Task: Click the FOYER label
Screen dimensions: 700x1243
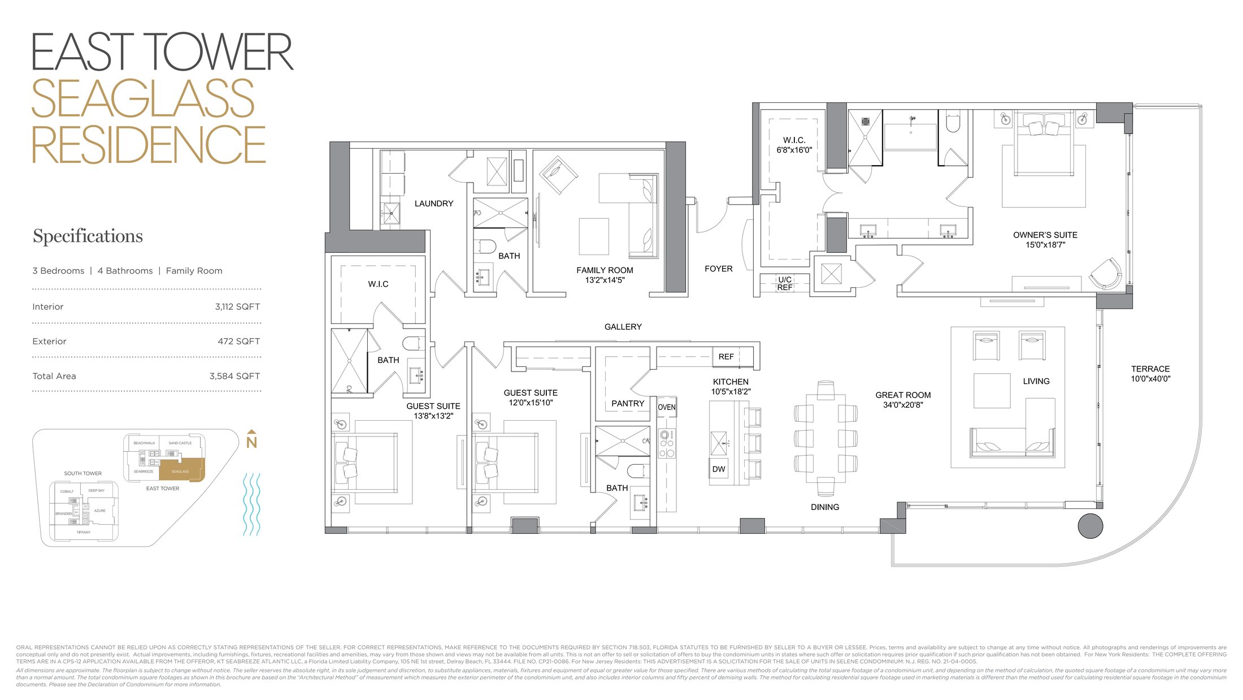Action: pos(718,269)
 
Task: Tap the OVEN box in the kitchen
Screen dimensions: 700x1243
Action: pos(666,407)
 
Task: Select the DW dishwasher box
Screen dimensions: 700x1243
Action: pos(718,469)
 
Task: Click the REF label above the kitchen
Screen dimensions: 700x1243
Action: pos(726,357)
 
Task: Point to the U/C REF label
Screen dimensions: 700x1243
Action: pos(784,283)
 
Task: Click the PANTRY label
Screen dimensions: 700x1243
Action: pos(627,403)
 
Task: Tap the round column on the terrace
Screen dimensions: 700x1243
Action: pos(1090,526)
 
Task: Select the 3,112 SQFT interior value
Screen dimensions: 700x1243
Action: pos(237,306)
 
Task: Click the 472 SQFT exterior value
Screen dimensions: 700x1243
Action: pos(238,341)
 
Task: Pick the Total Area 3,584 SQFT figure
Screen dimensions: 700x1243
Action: pos(234,376)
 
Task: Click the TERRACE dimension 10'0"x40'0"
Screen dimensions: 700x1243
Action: pos(1150,379)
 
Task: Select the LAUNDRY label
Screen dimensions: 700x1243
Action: pos(433,204)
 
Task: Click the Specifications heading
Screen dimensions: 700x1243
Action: pos(88,236)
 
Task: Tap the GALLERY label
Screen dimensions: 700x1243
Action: pos(623,327)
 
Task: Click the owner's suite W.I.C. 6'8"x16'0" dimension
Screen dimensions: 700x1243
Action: pos(794,150)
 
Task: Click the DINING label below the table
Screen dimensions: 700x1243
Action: pos(824,507)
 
